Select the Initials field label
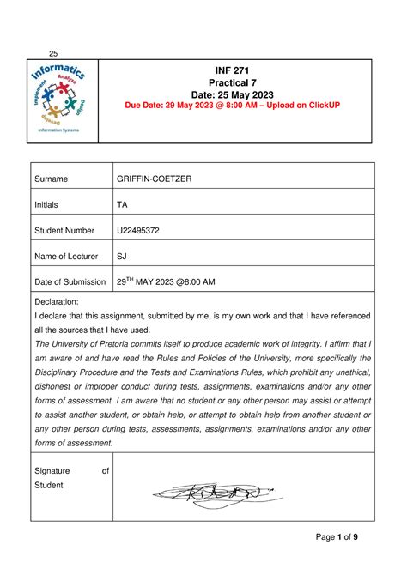pyautogui.click(x=50, y=204)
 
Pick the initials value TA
pyautogui.click(x=124, y=204)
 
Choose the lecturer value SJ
pyautogui.click(x=123, y=256)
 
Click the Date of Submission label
pyautogui.click(x=74, y=281)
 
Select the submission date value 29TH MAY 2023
pyautogui.click(x=166, y=281)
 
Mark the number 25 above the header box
pyautogui.click(x=52, y=52)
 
